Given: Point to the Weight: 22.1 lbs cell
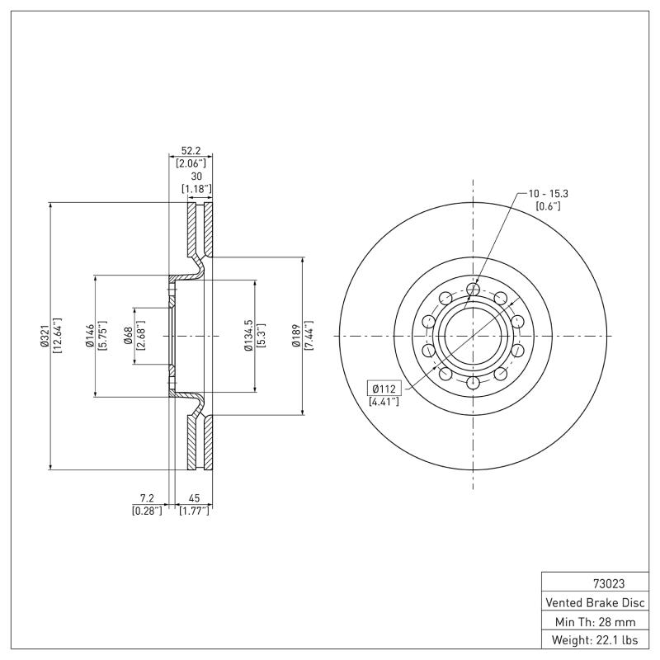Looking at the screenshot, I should [595, 639].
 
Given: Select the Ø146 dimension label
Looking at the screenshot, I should [89, 336].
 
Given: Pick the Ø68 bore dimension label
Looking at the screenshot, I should [128, 336].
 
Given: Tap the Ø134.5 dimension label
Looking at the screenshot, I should [247, 336].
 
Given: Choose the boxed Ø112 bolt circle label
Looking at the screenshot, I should [385, 389].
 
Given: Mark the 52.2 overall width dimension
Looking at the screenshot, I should [191, 152].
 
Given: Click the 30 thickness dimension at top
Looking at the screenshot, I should [196, 177].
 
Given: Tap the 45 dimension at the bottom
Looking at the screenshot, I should [194, 499].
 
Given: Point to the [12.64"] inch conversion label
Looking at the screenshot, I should [57, 336].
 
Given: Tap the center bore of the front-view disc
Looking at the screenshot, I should [473, 336].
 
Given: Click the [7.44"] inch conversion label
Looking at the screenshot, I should [310, 336].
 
